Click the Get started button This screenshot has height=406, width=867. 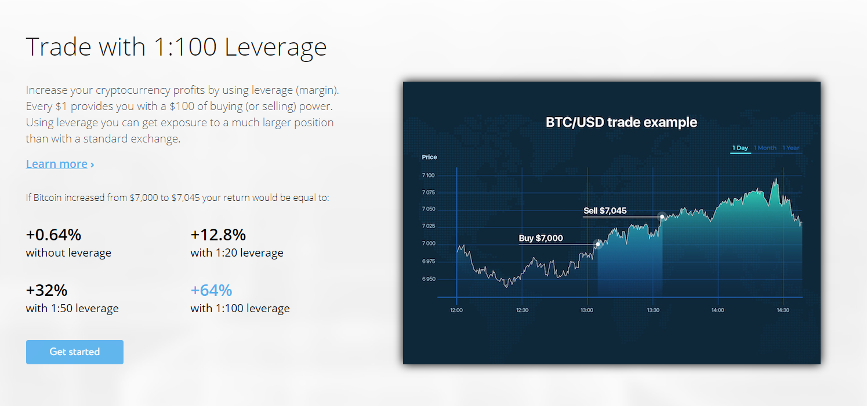[75, 352]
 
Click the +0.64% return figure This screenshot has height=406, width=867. [53, 235]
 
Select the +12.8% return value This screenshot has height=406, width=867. [218, 235]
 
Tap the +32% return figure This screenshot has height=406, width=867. [46, 290]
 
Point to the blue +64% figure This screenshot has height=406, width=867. [211, 290]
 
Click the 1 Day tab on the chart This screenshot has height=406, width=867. [740, 148]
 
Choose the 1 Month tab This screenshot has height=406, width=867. [765, 148]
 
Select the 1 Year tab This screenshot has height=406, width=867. [791, 148]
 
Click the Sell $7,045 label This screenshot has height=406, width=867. [605, 211]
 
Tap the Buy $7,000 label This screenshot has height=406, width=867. [540, 238]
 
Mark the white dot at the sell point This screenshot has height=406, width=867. [662, 217]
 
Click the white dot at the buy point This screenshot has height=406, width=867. [598, 244]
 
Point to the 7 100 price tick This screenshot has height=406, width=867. [429, 175]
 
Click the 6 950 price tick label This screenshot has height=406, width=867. [429, 279]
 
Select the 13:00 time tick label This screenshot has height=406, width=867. [587, 310]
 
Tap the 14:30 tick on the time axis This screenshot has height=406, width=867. [783, 310]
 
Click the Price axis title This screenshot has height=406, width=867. [429, 157]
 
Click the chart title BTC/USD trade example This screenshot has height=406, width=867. [621, 122]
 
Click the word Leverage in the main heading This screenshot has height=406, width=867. [275, 47]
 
